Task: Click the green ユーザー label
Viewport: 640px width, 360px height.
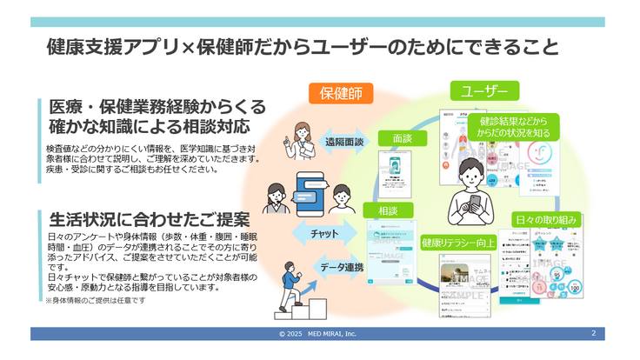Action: tap(484, 90)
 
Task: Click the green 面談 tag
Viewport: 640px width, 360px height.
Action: tap(402, 138)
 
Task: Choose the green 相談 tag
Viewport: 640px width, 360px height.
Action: tap(388, 211)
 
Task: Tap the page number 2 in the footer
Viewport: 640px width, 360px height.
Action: tap(593, 333)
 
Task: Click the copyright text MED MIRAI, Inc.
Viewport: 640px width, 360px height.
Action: tap(317, 334)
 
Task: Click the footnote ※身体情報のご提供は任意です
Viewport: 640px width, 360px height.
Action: tap(96, 300)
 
